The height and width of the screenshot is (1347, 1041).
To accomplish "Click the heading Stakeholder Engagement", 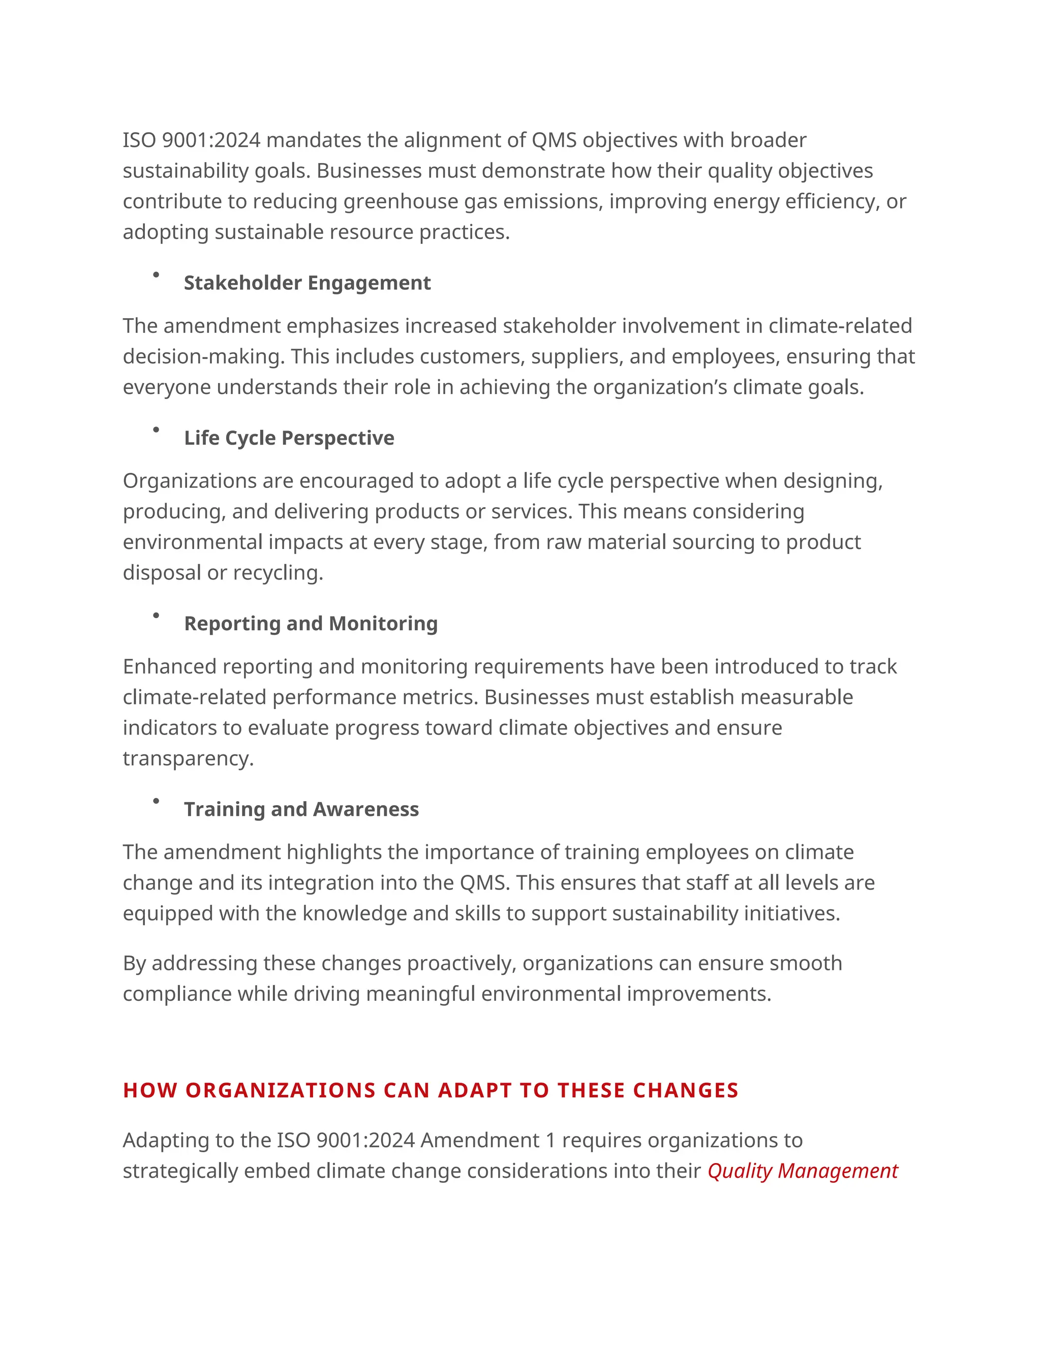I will pos(307,283).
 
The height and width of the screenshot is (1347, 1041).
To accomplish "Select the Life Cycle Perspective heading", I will pos(289,438).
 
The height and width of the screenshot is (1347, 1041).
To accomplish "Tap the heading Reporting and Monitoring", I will pos(311,624).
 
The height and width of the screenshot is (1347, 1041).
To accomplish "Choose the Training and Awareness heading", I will pos(301,809).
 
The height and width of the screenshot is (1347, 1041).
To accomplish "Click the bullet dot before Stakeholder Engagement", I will pos(156,274).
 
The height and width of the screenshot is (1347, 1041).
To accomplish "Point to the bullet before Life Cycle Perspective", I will pos(156,430).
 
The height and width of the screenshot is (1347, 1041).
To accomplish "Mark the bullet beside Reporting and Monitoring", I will pos(156,615).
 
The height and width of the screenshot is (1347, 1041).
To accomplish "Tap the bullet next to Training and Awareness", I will pos(156,801).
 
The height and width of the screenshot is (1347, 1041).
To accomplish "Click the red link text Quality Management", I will pos(802,1171).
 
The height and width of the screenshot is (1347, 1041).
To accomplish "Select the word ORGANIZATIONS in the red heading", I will pos(281,1090).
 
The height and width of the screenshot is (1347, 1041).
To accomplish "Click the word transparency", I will pos(188,758).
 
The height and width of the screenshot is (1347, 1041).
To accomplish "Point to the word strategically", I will pos(180,1171).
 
